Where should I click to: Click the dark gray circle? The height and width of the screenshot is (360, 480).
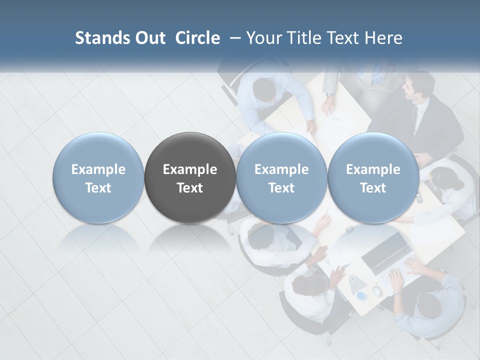[189, 177]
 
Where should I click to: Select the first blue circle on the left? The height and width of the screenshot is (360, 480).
[98, 177]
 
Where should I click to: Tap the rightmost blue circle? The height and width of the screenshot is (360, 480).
[373, 177]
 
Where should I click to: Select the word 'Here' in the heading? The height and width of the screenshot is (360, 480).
[384, 38]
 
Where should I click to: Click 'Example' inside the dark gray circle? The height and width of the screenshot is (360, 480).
[190, 169]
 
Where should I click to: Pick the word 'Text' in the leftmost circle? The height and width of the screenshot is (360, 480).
[98, 188]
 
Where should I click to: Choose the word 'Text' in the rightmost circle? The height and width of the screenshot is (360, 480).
[373, 188]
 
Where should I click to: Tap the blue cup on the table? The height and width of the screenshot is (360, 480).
[361, 296]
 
